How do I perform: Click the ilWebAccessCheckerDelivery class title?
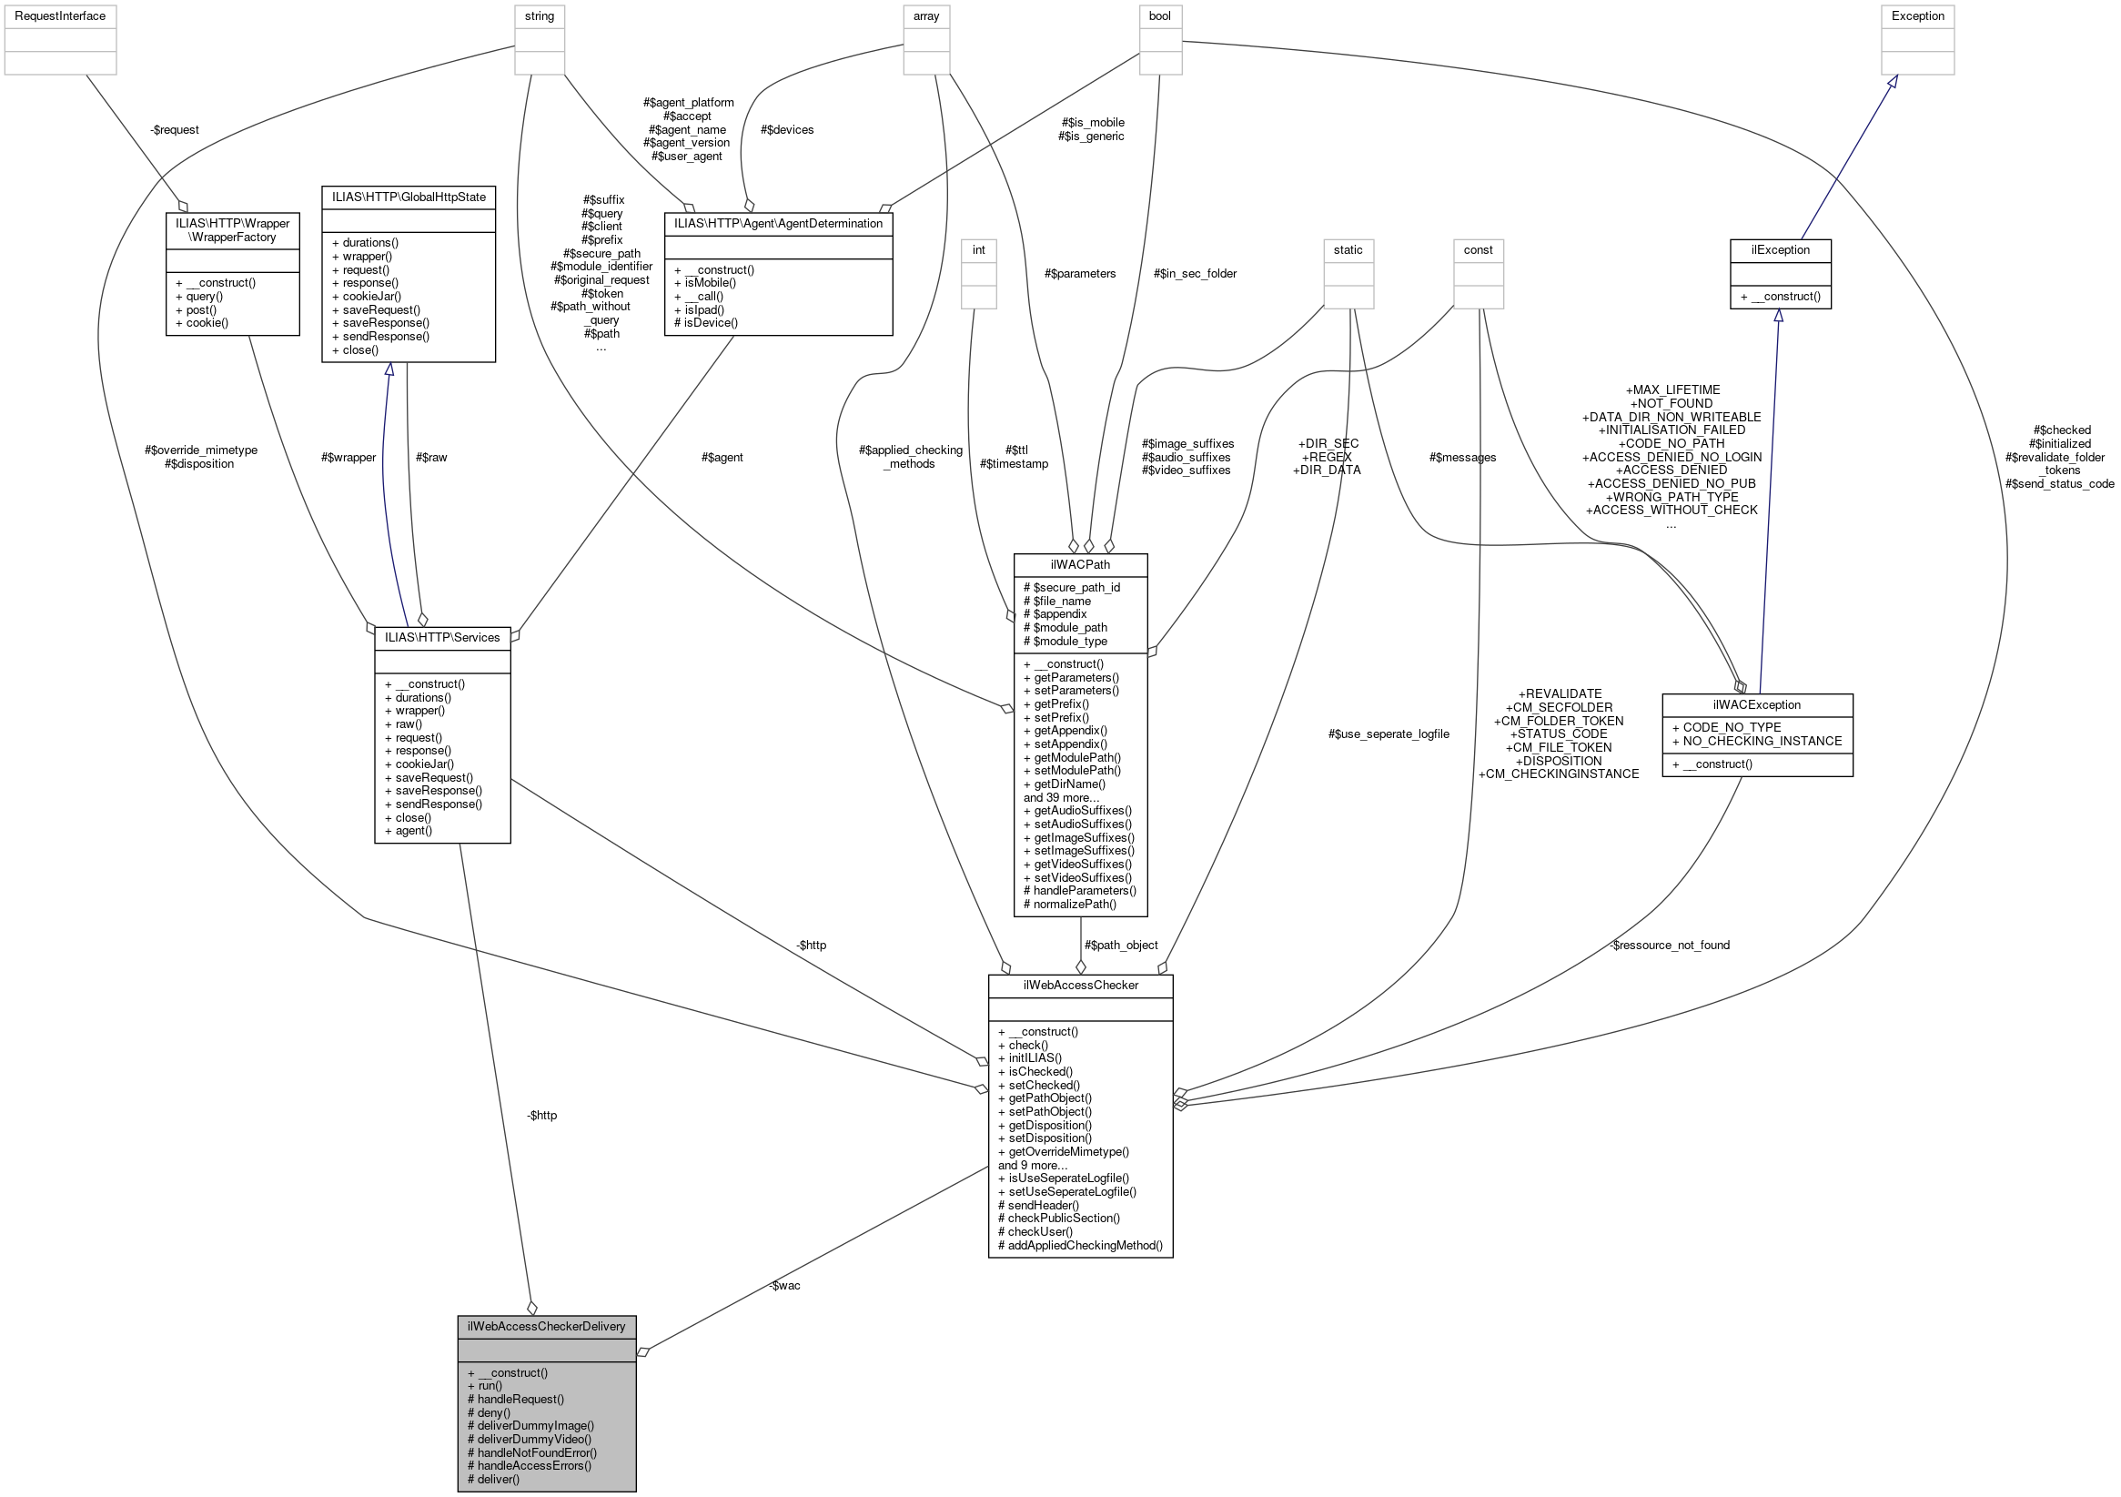[546, 1326]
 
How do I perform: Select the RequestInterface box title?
[60, 15]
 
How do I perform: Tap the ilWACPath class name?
[1080, 564]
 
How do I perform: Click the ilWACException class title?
[1756, 704]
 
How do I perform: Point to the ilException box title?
[1780, 249]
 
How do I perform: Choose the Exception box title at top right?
[1918, 15]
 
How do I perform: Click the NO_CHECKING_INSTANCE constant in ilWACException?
[1762, 741]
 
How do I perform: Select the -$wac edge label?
[784, 1285]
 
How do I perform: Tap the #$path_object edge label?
[1120, 945]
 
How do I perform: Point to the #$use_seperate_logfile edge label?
[1388, 733]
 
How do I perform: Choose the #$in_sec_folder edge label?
[1195, 274]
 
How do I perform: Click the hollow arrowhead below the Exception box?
[1892, 82]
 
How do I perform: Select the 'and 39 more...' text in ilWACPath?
[1061, 797]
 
